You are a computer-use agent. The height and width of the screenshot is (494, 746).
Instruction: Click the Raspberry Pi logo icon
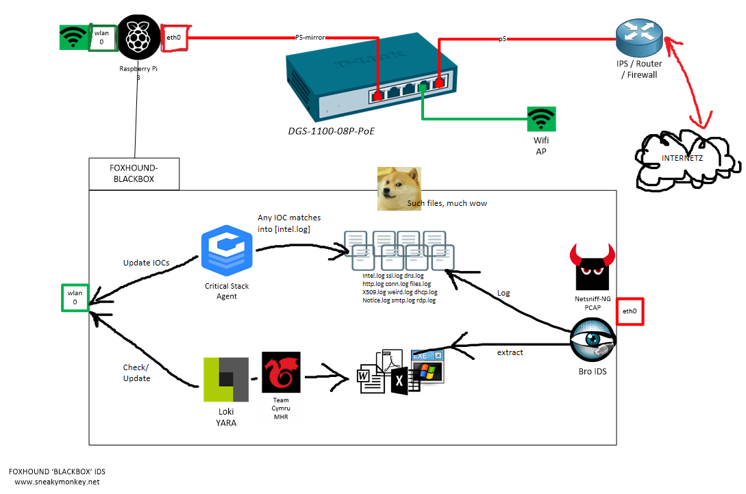pyautogui.click(x=138, y=38)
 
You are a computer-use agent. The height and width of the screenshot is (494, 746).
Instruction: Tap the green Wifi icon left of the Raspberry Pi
pyautogui.click(x=73, y=37)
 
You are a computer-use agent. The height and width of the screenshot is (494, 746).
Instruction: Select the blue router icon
pyautogui.click(x=638, y=38)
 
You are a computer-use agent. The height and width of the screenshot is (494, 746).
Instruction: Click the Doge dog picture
pyautogui.click(x=400, y=185)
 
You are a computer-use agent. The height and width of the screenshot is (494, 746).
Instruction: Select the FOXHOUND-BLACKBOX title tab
pyautogui.click(x=134, y=174)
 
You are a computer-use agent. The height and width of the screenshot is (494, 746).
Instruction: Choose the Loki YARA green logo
pyautogui.click(x=226, y=379)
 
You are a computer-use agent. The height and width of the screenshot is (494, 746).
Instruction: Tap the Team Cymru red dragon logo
pyautogui.click(x=281, y=373)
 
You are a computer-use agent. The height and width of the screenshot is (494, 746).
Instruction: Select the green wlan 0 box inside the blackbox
pyautogui.click(x=75, y=297)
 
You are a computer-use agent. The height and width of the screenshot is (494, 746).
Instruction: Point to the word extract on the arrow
pyautogui.click(x=510, y=352)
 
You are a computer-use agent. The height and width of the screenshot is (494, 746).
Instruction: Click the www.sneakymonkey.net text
pyautogui.click(x=57, y=482)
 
